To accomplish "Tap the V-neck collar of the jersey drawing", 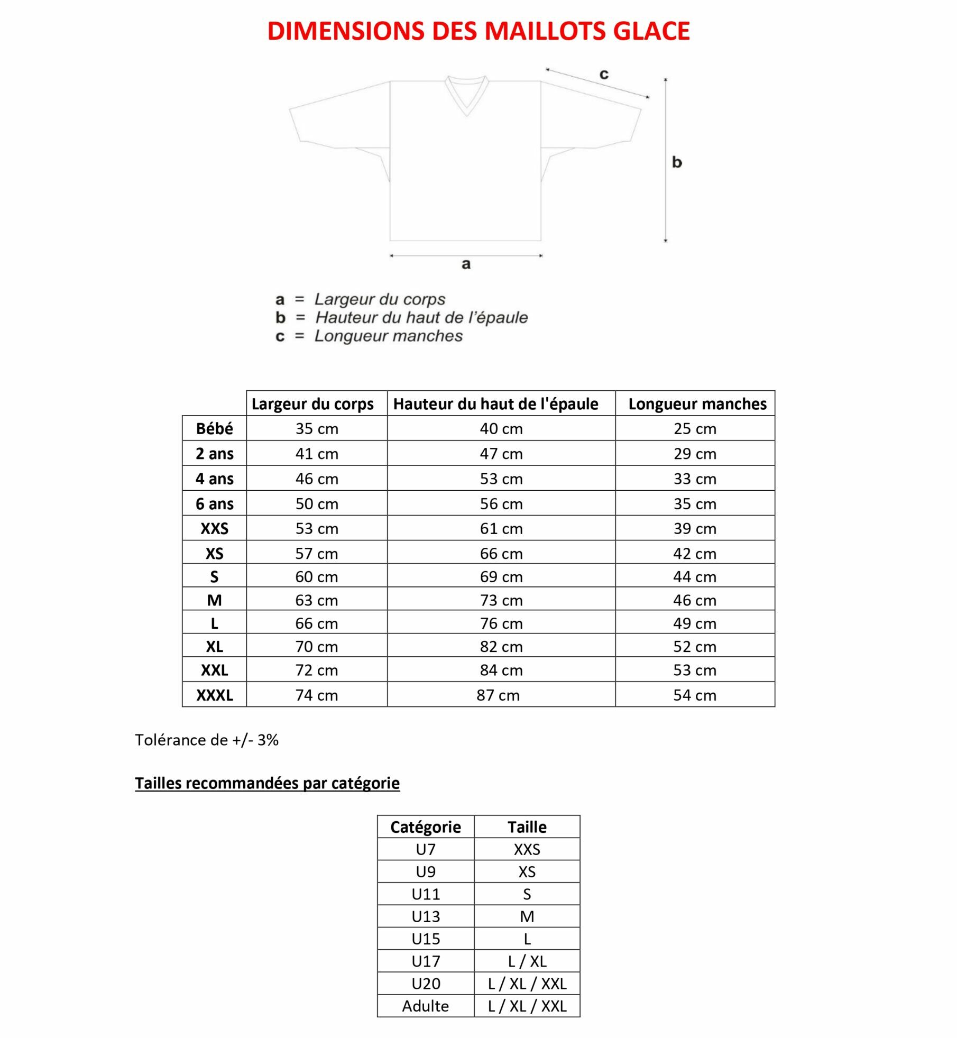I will (466, 95).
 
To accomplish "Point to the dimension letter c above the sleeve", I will (604, 74).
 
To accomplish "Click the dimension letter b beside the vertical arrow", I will (677, 162).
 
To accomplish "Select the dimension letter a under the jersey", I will (466, 264).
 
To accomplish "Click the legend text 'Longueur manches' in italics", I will (389, 336).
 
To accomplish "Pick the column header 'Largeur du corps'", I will (312, 404).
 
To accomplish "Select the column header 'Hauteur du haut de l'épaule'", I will (495, 404).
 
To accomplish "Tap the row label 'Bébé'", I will (214, 429).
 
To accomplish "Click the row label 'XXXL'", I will (214, 695).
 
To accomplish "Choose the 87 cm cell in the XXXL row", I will (498, 695).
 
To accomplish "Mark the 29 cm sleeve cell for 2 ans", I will (695, 454).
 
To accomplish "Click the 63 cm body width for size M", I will (316, 601).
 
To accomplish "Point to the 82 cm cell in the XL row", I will (501, 647).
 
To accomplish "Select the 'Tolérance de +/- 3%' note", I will (207, 740).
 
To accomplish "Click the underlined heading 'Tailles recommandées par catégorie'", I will (267, 783).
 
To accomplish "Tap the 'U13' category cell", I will (426, 916).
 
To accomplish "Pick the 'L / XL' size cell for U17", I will (527, 961).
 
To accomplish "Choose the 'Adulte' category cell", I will (425, 1006).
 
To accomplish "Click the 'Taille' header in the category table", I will (527, 827).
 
